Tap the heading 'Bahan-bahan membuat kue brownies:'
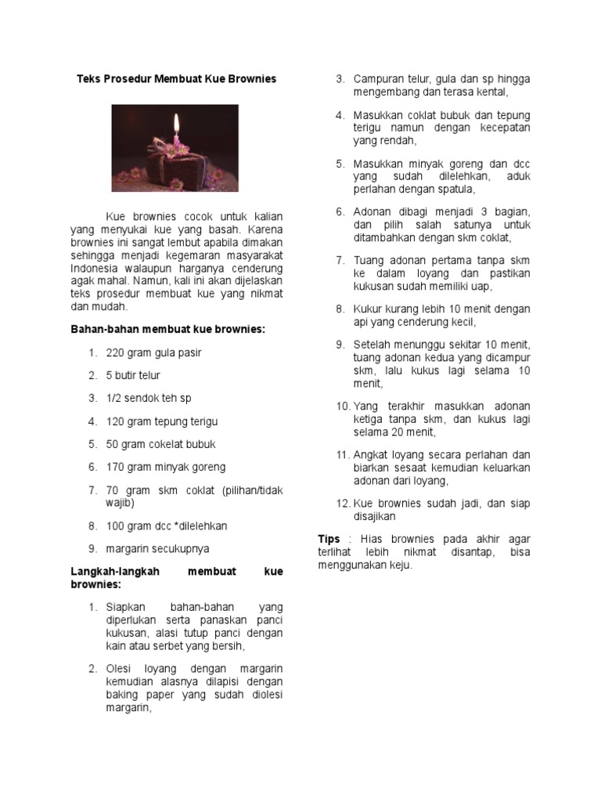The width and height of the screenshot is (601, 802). [167, 330]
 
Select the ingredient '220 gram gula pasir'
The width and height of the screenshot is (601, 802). [153, 352]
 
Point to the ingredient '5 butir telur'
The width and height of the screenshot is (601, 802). [133, 375]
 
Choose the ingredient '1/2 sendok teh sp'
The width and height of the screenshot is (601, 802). [149, 398]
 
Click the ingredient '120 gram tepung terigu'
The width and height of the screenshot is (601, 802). [162, 421]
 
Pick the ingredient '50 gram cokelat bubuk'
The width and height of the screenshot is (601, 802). [160, 444]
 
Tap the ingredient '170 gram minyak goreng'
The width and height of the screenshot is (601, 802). [165, 467]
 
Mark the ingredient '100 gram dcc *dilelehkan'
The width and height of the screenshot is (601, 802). [167, 526]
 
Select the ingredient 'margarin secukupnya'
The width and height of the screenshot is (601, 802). [157, 548]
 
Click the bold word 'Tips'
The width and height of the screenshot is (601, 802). [329, 539]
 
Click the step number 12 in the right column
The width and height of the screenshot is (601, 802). [342, 504]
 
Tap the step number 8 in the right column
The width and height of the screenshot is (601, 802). [341, 309]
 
